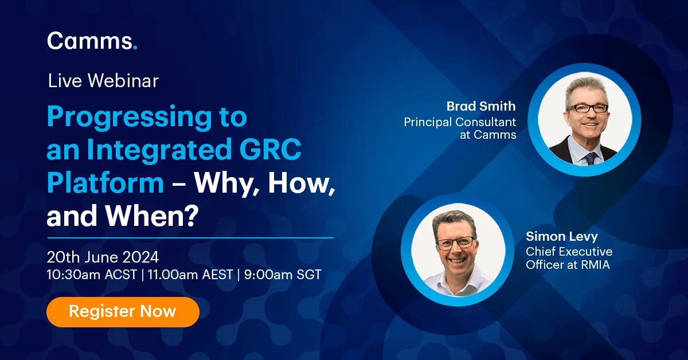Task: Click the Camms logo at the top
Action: tap(92, 41)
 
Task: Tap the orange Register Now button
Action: tap(123, 311)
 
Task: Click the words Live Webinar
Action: tap(103, 81)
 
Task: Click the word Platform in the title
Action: tap(105, 182)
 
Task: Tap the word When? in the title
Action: tap(152, 216)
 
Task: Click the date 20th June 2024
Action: tap(103, 257)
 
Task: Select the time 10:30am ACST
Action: tap(92, 275)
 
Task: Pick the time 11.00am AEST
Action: tap(190, 275)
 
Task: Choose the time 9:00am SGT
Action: tap(283, 275)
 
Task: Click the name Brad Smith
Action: tap(481, 106)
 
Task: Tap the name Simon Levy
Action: tap(562, 236)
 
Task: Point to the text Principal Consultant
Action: tap(460, 122)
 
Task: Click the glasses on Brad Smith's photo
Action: tap(587, 108)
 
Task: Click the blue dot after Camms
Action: tap(135, 48)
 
